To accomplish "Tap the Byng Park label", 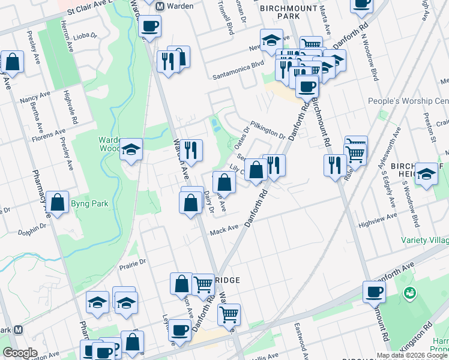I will pyautogui.click(x=95, y=204).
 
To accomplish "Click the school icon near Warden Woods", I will pyautogui.click(x=130, y=150).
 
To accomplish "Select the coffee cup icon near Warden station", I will pyautogui.click(x=149, y=26).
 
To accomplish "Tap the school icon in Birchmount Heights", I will pyautogui.click(x=426, y=174).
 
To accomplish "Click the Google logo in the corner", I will pyautogui.click(x=20, y=353).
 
